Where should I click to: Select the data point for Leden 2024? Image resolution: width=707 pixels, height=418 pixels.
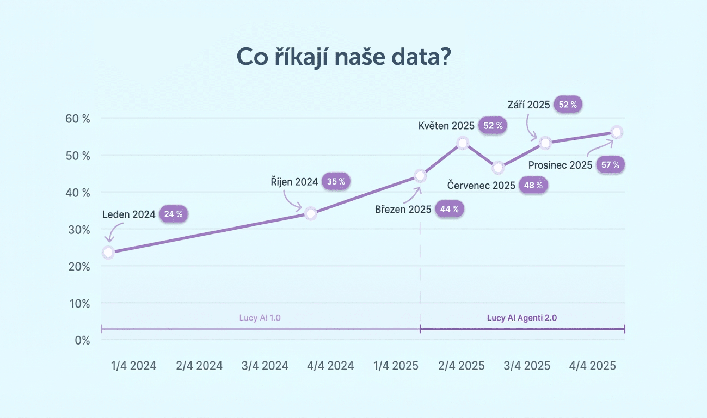(108, 253)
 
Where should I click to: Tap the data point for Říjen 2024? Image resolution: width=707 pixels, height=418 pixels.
(310, 213)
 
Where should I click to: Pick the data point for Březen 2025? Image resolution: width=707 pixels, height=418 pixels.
(420, 176)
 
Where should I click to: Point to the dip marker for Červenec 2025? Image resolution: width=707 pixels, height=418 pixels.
(498, 167)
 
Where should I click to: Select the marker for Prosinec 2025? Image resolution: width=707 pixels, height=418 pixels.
(617, 132)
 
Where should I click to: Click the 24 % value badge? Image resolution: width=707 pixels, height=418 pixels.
(173, 214)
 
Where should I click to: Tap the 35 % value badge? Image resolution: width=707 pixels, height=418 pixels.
(336, 182)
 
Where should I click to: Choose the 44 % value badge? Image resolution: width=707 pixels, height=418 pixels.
(450, 209)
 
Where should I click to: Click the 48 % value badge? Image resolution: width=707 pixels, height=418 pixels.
(533, 185)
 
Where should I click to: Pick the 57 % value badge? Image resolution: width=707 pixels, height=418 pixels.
(610, 165)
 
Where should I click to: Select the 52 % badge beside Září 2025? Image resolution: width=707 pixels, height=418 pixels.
(568, 105)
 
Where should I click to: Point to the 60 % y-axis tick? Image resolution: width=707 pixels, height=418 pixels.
(78, 119)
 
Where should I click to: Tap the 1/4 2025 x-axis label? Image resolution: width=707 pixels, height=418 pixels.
(396, 366)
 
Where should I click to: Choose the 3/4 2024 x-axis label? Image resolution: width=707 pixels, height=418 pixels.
(265, 366)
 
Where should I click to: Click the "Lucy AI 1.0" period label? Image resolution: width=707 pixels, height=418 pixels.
(260, 318)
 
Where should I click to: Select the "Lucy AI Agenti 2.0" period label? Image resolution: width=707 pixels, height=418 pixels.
(521, 318)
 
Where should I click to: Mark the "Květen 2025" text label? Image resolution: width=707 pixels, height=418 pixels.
(447, 126)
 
